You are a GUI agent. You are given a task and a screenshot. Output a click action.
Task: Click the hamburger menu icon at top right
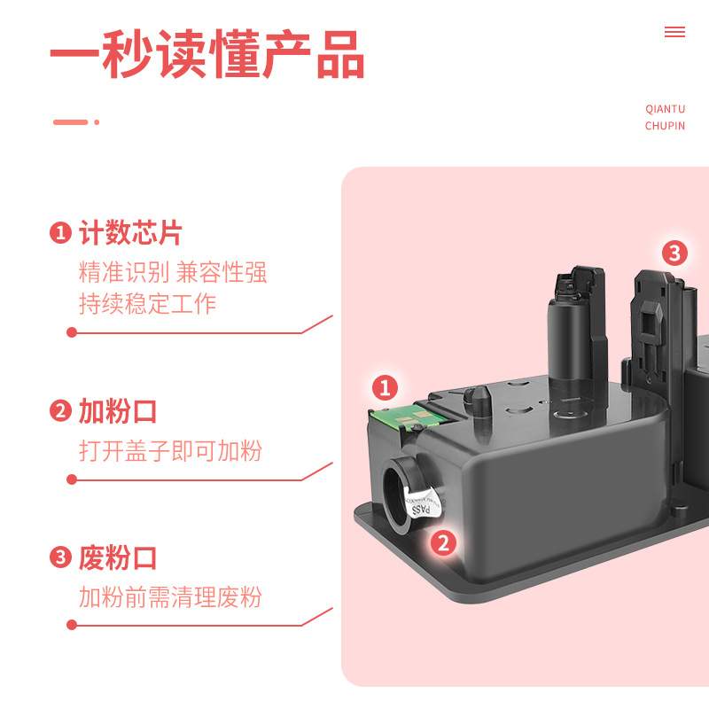(674, 32)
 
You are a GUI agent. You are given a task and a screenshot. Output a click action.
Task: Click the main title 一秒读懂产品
(206, 55)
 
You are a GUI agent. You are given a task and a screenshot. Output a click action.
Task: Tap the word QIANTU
(665, 109)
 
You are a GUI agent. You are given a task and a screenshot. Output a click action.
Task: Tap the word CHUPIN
(665, 126)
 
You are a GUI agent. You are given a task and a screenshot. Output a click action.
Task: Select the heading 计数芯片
(130, 233)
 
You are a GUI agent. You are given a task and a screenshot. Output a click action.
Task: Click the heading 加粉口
(118, 411)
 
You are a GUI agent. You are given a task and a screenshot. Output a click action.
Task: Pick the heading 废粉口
(118, 558)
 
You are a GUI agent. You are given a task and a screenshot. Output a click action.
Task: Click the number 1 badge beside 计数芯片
(60, 234)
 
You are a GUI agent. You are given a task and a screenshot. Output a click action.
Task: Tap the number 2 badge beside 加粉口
(60, 411)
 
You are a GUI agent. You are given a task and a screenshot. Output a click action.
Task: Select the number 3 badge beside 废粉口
(60, 558)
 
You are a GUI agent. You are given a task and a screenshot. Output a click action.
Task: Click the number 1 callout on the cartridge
(384, 387)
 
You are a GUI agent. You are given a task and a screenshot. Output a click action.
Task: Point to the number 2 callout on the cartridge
(444, 542)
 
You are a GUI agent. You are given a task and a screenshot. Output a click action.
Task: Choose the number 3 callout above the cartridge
(674, 253)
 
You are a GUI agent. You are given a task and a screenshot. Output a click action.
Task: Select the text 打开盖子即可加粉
(170, 451)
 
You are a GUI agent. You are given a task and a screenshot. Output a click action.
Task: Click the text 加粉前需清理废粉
(170, 597)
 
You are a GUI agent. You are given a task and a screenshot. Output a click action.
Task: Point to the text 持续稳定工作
(147, 304)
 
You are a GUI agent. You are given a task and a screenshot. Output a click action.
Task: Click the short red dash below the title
(71, 122)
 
